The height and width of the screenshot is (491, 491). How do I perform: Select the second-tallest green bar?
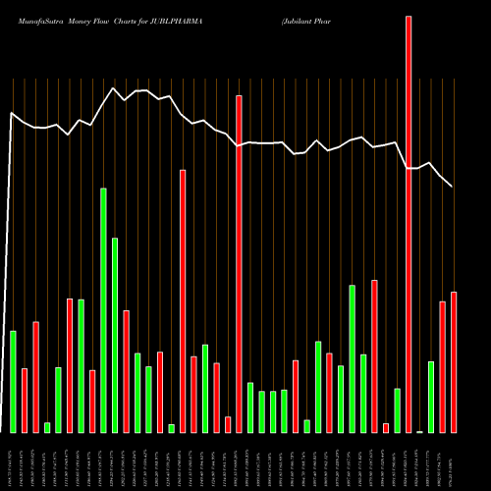click(115, 335)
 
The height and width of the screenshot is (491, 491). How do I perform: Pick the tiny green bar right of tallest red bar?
click(420, 431)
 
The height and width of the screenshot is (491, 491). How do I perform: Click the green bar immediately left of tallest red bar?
click(397, 409)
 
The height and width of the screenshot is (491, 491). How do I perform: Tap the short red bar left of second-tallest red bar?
click(228, 424)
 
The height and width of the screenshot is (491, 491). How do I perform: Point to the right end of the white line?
click(453, 186)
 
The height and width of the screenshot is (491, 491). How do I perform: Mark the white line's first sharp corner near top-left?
click(12, 113)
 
